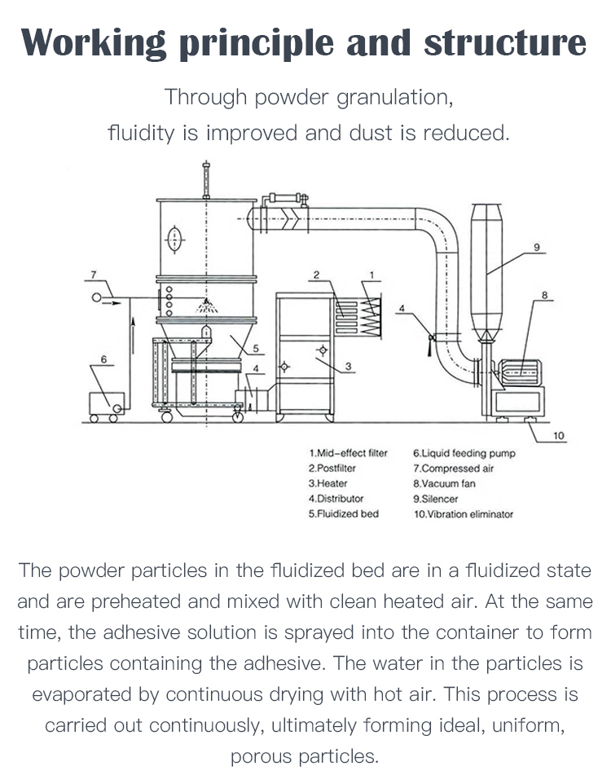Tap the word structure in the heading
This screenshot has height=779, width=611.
(504, 42)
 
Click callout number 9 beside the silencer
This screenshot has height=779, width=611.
(538, 247)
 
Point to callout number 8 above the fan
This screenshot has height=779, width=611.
(544, 295)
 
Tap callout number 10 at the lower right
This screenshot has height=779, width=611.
(558, 436)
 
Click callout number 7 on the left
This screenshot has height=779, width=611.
(94, 274)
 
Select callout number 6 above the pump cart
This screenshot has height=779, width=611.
(103, 359)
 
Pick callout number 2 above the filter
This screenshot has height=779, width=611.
(315, 275)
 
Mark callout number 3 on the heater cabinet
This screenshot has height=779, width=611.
(348, 367)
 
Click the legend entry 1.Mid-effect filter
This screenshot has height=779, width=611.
(348, 453)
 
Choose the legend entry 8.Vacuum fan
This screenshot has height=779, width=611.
(444, 483)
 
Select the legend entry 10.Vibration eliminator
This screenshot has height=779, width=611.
(464, 514)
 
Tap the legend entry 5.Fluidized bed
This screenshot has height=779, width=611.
(343, 514)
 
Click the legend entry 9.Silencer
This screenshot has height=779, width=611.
(435, 499)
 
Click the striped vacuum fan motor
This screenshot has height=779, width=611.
(520, 372)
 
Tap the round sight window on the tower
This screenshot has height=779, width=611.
(173, 239)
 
